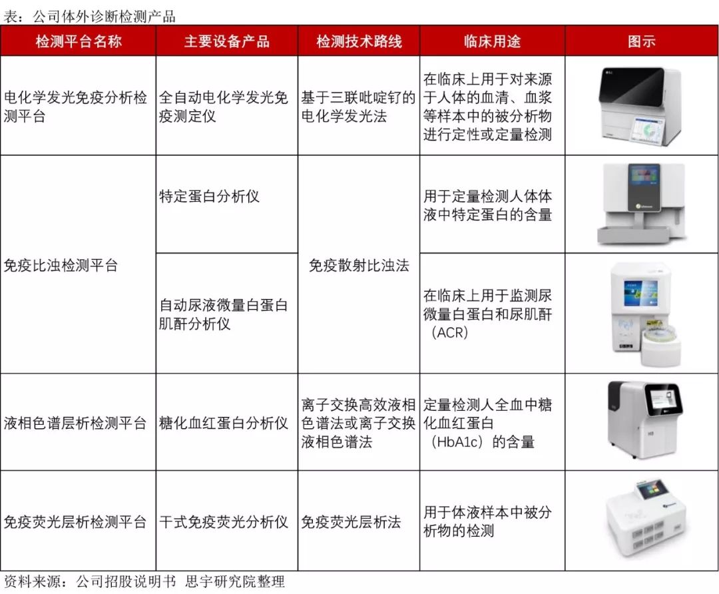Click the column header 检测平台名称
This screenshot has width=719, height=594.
point(79,41)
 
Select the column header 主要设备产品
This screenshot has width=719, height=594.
point(226,41)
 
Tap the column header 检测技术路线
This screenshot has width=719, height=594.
point(359,41)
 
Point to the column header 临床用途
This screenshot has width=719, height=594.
point(492,41)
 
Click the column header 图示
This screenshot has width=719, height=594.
point(642,41)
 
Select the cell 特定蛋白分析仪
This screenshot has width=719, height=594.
point(209,196)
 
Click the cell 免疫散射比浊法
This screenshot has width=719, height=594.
point(359,265)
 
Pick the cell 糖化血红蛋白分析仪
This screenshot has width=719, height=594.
point(223,423)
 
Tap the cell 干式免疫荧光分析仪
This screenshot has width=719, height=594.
point(223,521)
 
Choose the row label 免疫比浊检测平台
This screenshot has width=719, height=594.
point(61,265)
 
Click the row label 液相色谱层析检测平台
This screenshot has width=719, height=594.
point(75,423)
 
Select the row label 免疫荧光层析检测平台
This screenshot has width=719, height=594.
point(75,521)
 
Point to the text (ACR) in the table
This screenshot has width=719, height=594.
point(450,332)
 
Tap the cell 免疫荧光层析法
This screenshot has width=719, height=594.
point(351,521)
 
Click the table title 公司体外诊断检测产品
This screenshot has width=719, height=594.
point(104,17)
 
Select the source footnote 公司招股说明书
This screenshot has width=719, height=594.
point(126,581)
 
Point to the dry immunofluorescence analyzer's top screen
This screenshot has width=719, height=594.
point(651,491)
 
